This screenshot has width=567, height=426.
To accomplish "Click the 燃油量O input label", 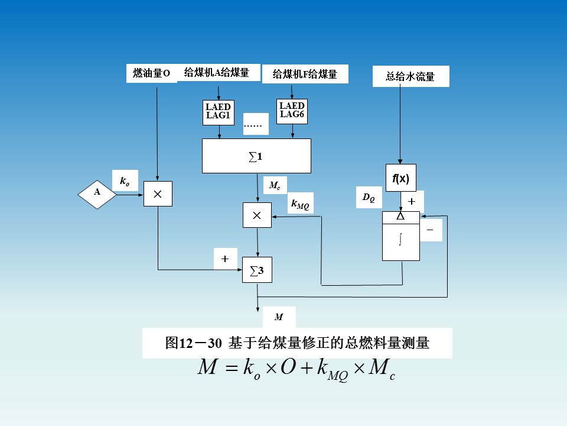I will [x=152, y=73].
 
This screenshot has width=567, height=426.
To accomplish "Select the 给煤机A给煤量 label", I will [x=217, y=72].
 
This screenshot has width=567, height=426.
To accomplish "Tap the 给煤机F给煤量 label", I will [x=305, y=74].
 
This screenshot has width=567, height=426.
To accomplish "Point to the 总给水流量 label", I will [x=410, y=76].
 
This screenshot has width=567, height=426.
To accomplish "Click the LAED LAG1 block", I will [x=219, y=112].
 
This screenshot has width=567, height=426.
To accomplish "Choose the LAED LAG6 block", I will [x=292, y=111].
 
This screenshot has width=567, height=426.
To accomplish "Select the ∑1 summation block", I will [x=256, y=156].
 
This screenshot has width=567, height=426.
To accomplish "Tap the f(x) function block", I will [x=401, y=178].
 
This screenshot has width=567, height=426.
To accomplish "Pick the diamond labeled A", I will [x=97, y=192].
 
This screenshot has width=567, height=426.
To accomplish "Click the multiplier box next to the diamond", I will [x=158, y=193].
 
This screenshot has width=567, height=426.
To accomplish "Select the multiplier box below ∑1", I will [x=257, y=215].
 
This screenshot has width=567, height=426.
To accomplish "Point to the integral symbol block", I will [x=401, y=240].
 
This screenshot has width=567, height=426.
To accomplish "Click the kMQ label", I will [x=300, y=204].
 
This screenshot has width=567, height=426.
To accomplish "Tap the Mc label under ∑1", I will [x=275, y=186].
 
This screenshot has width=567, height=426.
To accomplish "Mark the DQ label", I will [x=369, y=198].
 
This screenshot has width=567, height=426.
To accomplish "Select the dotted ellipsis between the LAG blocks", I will [x=255, y=124].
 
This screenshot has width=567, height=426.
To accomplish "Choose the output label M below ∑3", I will [x=279, y=317].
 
